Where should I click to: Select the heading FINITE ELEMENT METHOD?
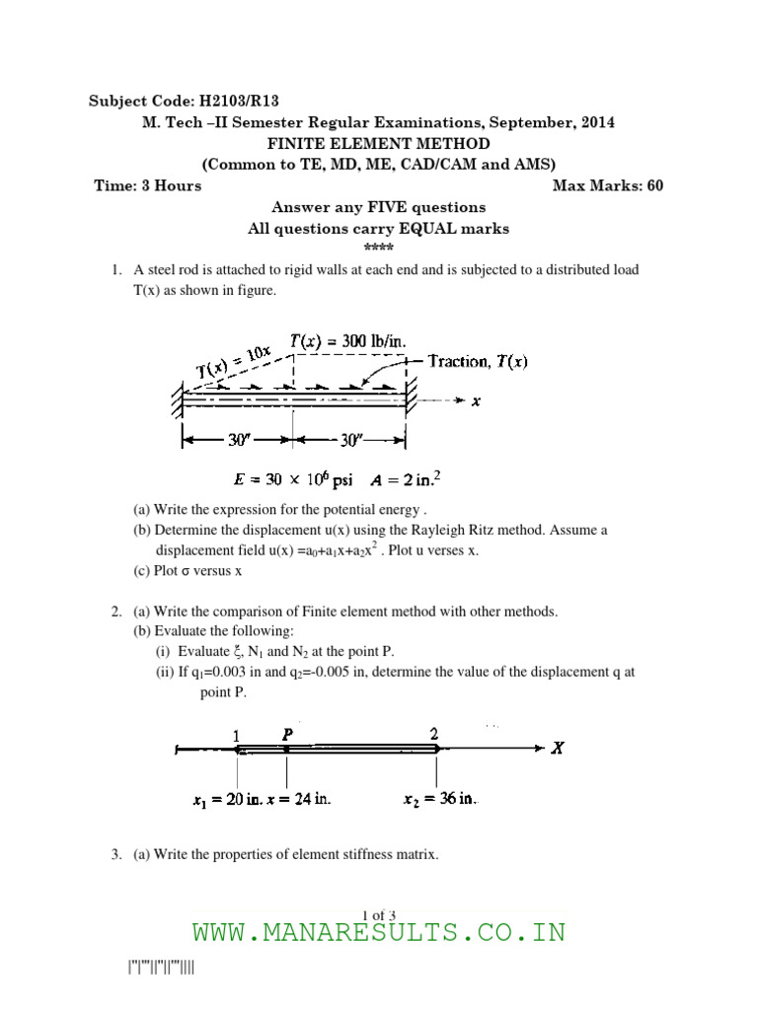pyautogui.click(x=379, y=143)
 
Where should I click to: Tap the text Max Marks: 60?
pyautogui.click(x=607, y=185)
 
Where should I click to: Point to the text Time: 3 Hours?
pyautogui.click(x=147, y=185)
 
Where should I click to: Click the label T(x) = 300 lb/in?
pyautogui.click(x=347, y=340)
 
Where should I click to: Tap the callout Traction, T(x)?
pyautogui.click(x=478, y=362)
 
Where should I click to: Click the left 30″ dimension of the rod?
pyautogui.click(x=237, y=441)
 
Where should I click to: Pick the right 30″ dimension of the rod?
pyautogui.click(x=351, y=441)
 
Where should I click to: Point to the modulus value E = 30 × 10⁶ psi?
pyautogui.click(x=292, y=480)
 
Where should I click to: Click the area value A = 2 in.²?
pyautogui.click(x=406, y=480)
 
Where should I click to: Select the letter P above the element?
pyautogui.click(x=287, y=734)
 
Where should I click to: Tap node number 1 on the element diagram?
pyautogui.click(x=236, y=735)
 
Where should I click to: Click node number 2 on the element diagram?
pyautogui.click(x=433, y=734)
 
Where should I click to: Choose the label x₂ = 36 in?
pyautogui.click(x=440, y=799)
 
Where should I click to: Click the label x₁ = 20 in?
pyautogui.click(x=228, y=800)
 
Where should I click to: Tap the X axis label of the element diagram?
pyautogui.click(x=558, y=749)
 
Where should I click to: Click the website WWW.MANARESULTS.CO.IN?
pyautogui.click(x=379, y=933)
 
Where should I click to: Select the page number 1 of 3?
pyautogui.click(x=379, y=915)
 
